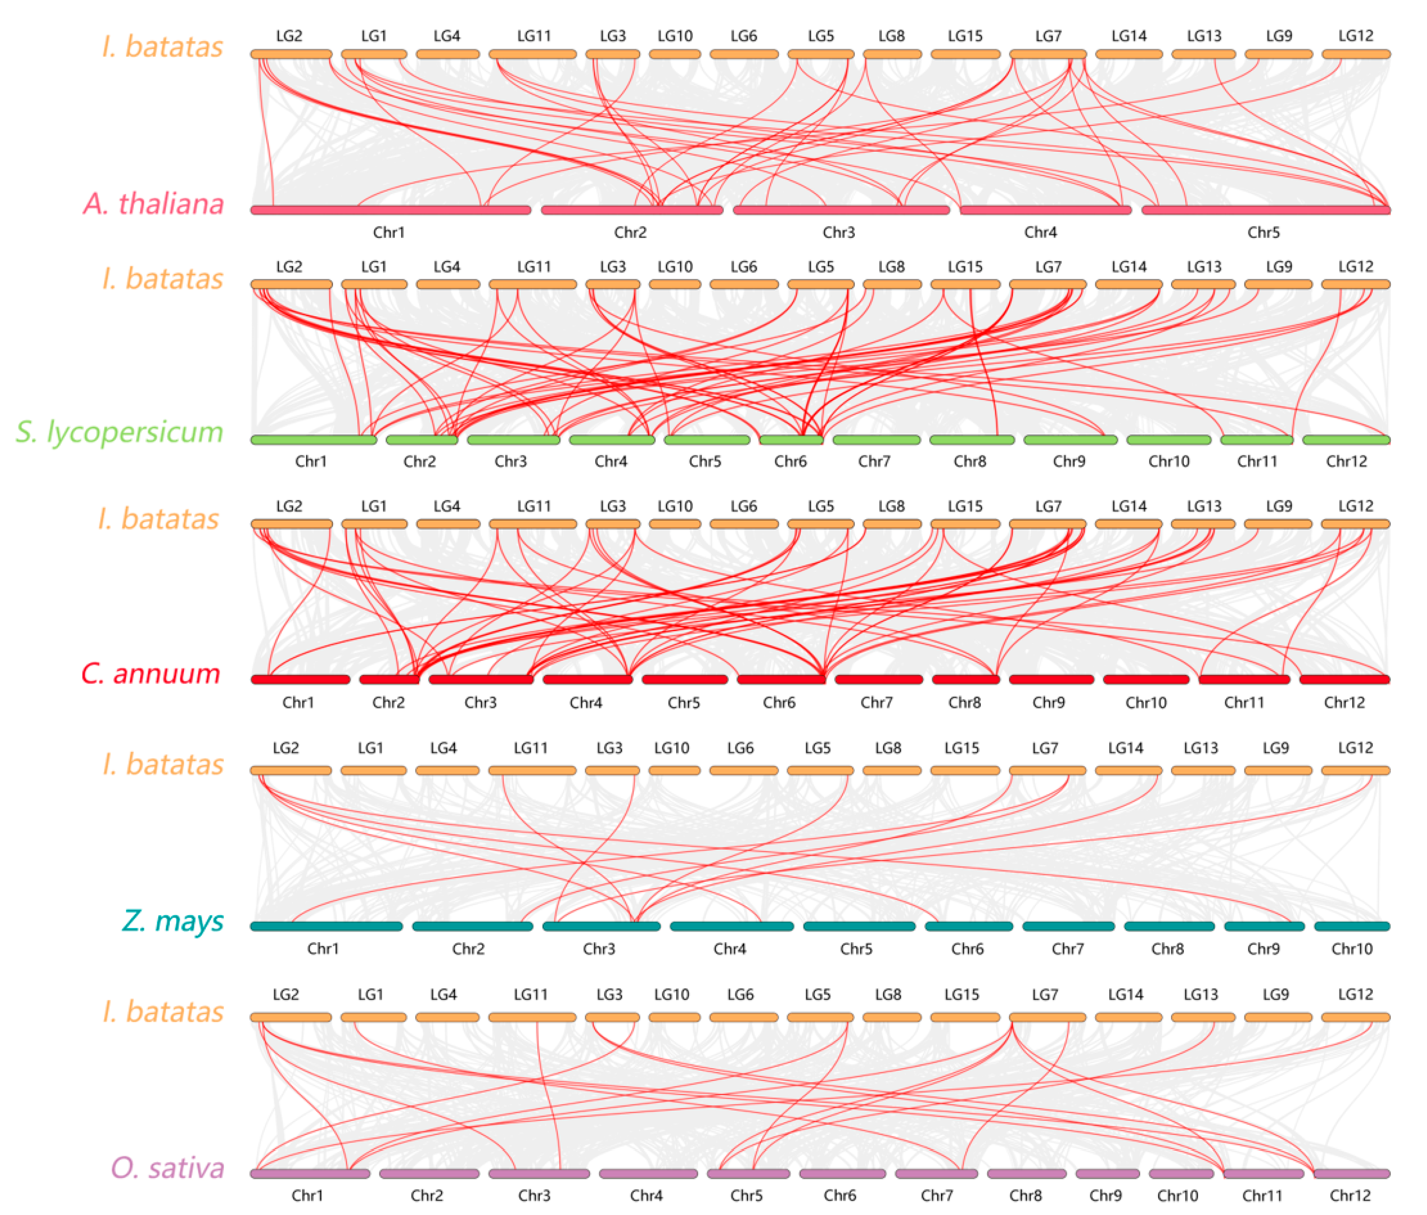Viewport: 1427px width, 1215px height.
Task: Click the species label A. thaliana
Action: point(153,204)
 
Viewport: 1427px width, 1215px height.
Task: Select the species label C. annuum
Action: point(151,674)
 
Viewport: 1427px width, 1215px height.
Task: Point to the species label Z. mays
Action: point(173,920)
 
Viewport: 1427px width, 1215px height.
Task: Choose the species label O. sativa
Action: point(168,1168)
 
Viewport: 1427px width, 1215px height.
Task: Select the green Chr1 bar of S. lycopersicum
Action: point(314,440)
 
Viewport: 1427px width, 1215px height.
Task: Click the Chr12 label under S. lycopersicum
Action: point(1346,461)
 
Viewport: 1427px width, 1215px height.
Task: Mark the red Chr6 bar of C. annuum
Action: point(781,679)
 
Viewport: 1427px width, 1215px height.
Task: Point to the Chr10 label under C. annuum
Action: point(1145,702)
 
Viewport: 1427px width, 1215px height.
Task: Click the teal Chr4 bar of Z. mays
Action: point(731,927)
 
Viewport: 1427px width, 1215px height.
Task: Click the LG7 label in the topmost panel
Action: point(1048,36)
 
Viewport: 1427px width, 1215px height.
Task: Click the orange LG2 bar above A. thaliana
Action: point(291,54)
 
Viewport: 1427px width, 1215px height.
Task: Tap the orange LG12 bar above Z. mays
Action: point(1355,770)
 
